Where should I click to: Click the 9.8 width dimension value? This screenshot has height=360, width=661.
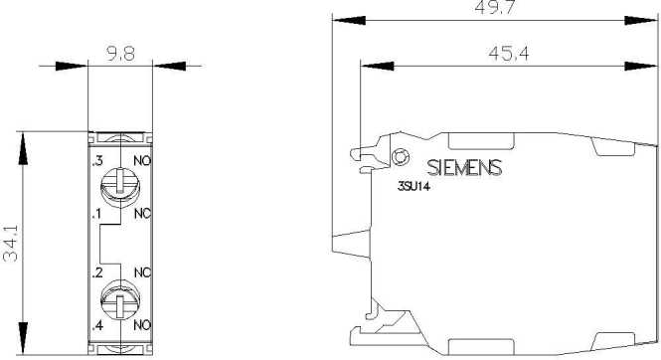[x=120, y=54]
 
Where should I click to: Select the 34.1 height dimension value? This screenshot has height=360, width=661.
[x=11, y=243]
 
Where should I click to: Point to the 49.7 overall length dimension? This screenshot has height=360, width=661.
[x=494, y=7]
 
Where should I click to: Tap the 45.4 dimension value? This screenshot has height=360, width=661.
[x=508, y=53]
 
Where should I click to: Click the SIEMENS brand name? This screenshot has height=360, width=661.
[x=464, y=167]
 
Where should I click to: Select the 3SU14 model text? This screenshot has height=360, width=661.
[x=413, y=186]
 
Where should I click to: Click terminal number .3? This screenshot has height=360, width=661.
[x=97, y=161]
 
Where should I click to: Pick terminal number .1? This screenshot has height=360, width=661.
[x=97, y=214]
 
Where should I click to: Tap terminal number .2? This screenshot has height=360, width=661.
[x=97, y=272]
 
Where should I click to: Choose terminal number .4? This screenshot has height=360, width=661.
[x=97, y=325]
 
